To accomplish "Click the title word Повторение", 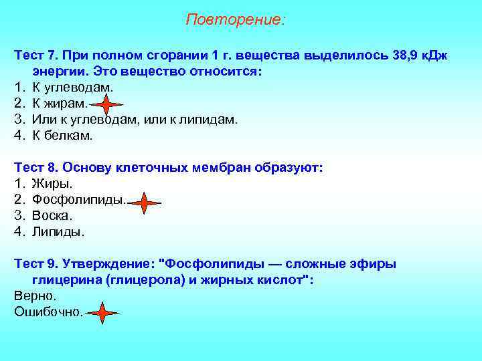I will (x=234, y=19).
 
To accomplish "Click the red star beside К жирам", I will (x=106, y=104).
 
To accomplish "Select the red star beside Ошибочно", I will (x=102, y=313).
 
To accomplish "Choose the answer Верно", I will (x=35, y=295).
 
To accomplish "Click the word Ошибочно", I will (x=47, y=312).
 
